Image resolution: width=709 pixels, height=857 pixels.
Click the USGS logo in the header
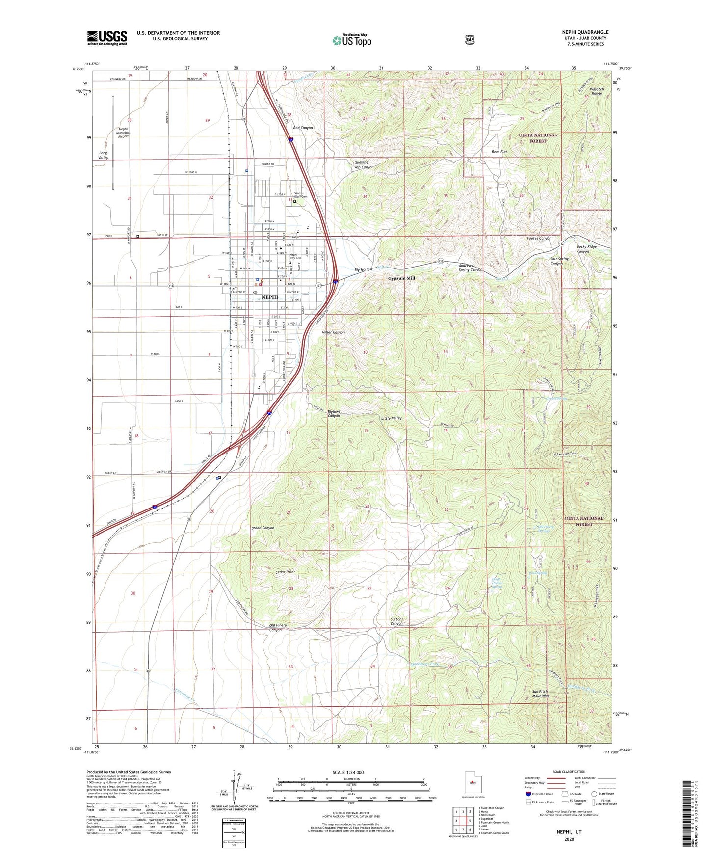point(107,38)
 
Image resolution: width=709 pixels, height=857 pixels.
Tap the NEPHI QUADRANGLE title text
point(585,32)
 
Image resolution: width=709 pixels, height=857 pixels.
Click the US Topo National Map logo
point(352,40)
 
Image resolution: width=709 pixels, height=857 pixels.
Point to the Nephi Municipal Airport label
point(123,133)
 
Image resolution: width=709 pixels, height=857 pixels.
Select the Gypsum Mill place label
point(401,278)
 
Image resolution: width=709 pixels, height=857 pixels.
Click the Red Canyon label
point(303,128)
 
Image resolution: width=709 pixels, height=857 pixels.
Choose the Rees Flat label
point(499,152)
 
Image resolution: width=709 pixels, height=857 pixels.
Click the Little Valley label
point(391,418)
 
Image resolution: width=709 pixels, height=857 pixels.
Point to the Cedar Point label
point(285,572)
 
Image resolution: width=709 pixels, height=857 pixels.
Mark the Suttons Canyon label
point(396,621)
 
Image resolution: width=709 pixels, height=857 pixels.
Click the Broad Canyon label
point(263,528)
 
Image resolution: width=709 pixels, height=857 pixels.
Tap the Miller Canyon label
point(333,332)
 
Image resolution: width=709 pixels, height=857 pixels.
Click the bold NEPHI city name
point(269,297)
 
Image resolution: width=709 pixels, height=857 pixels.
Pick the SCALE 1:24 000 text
point(348,772)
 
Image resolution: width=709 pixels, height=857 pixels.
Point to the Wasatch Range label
point(596,91)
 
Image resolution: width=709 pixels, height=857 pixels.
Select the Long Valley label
point(103,155)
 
